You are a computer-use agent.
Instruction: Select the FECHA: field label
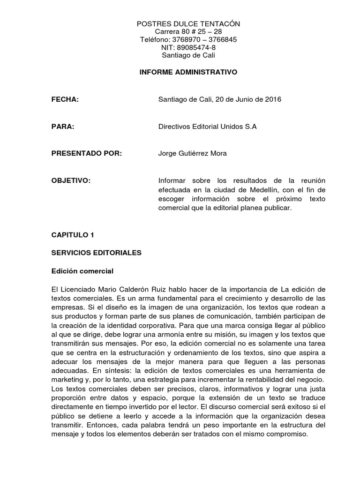(64, 100)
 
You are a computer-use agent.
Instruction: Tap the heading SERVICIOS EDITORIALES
(96, 253)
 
